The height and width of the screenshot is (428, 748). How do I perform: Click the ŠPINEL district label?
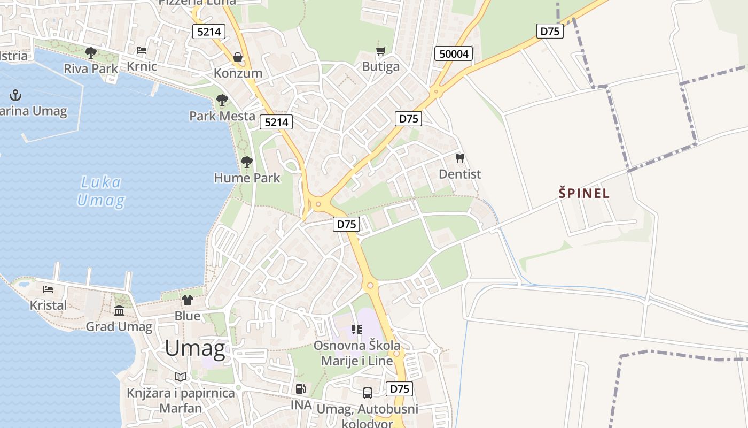pyautogui.click(x=584, y=193)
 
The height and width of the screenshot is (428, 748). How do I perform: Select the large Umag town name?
pyautogui.click(x=195, y=348)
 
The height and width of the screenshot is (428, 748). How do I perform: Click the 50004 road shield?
pyautogui.click(x=454, y=53)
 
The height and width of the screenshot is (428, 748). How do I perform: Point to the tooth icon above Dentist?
pyautogui.click(x=459, y=158)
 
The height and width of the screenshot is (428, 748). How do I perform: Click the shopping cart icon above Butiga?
pyautogui.click(x=380, y=51)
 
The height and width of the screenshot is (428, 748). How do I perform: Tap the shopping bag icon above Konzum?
pyautogui.click(x=238, y=57)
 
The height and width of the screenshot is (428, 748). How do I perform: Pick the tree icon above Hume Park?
pyautogui.click(x=246, y=162)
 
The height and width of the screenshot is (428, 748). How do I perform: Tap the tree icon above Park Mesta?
pyautogui.click(x=222, y=100)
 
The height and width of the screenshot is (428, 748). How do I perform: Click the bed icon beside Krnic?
pyautogui.click(x=142, y=51)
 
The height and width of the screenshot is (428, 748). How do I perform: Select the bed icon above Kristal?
pyautogui.click(x=48, y=289)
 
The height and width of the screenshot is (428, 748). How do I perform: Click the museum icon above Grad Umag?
pyautogui.click(x=119, y=310)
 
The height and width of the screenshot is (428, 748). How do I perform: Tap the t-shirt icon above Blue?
pyautogui.click(x=187, y=300)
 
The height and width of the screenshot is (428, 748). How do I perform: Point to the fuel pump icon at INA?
pyautogui.click(x=301, y=389)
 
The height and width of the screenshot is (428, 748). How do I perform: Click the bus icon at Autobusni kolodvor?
pyautogui.click(x=368, y=393)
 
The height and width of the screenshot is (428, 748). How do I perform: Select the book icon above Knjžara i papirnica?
pyautogui.click(x=181, y=377)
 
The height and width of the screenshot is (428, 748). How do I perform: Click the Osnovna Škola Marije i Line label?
pyautogui.click(x=356, y=353)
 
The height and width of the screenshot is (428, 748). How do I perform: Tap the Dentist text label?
pyautogui.click(x=459, y=174)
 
